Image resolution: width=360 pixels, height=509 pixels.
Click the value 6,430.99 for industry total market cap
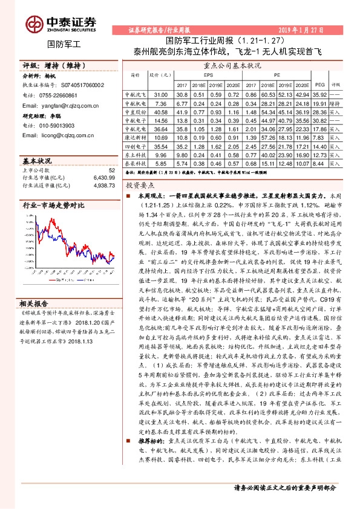(102, 177)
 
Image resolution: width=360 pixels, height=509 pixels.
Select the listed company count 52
(111, 170)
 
